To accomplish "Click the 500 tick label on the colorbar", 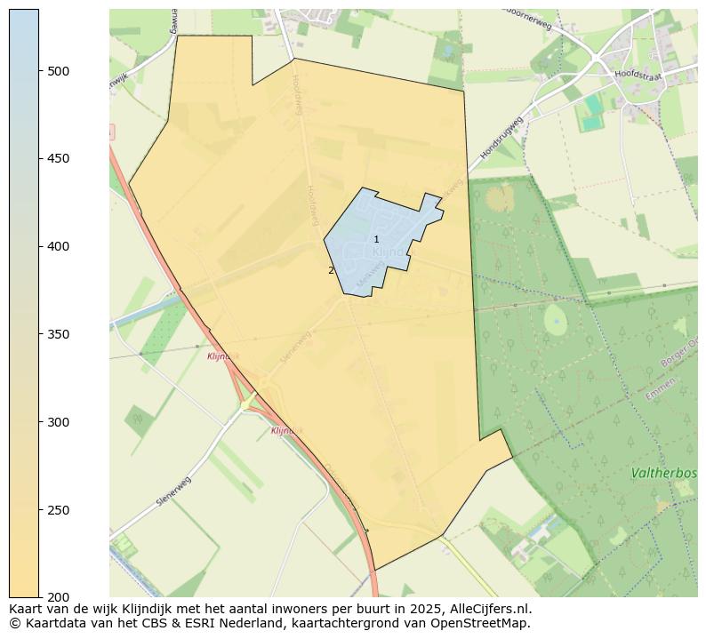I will [x=59, y=71].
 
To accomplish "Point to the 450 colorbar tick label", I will [x=59, y=159].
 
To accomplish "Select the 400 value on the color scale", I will [x=59, y=246].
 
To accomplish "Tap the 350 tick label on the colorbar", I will [x=59, y=334].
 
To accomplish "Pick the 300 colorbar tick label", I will [x=59, y=422].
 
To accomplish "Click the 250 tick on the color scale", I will [x=59, y=510].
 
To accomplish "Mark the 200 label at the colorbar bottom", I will [x=59, y=597].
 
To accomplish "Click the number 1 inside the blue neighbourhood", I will [x=376, y=240].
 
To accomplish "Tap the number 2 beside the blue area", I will [x=331, y=270].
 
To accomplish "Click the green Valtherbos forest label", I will [x=663, y=474].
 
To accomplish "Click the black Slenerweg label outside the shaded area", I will [x=173, y=491].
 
